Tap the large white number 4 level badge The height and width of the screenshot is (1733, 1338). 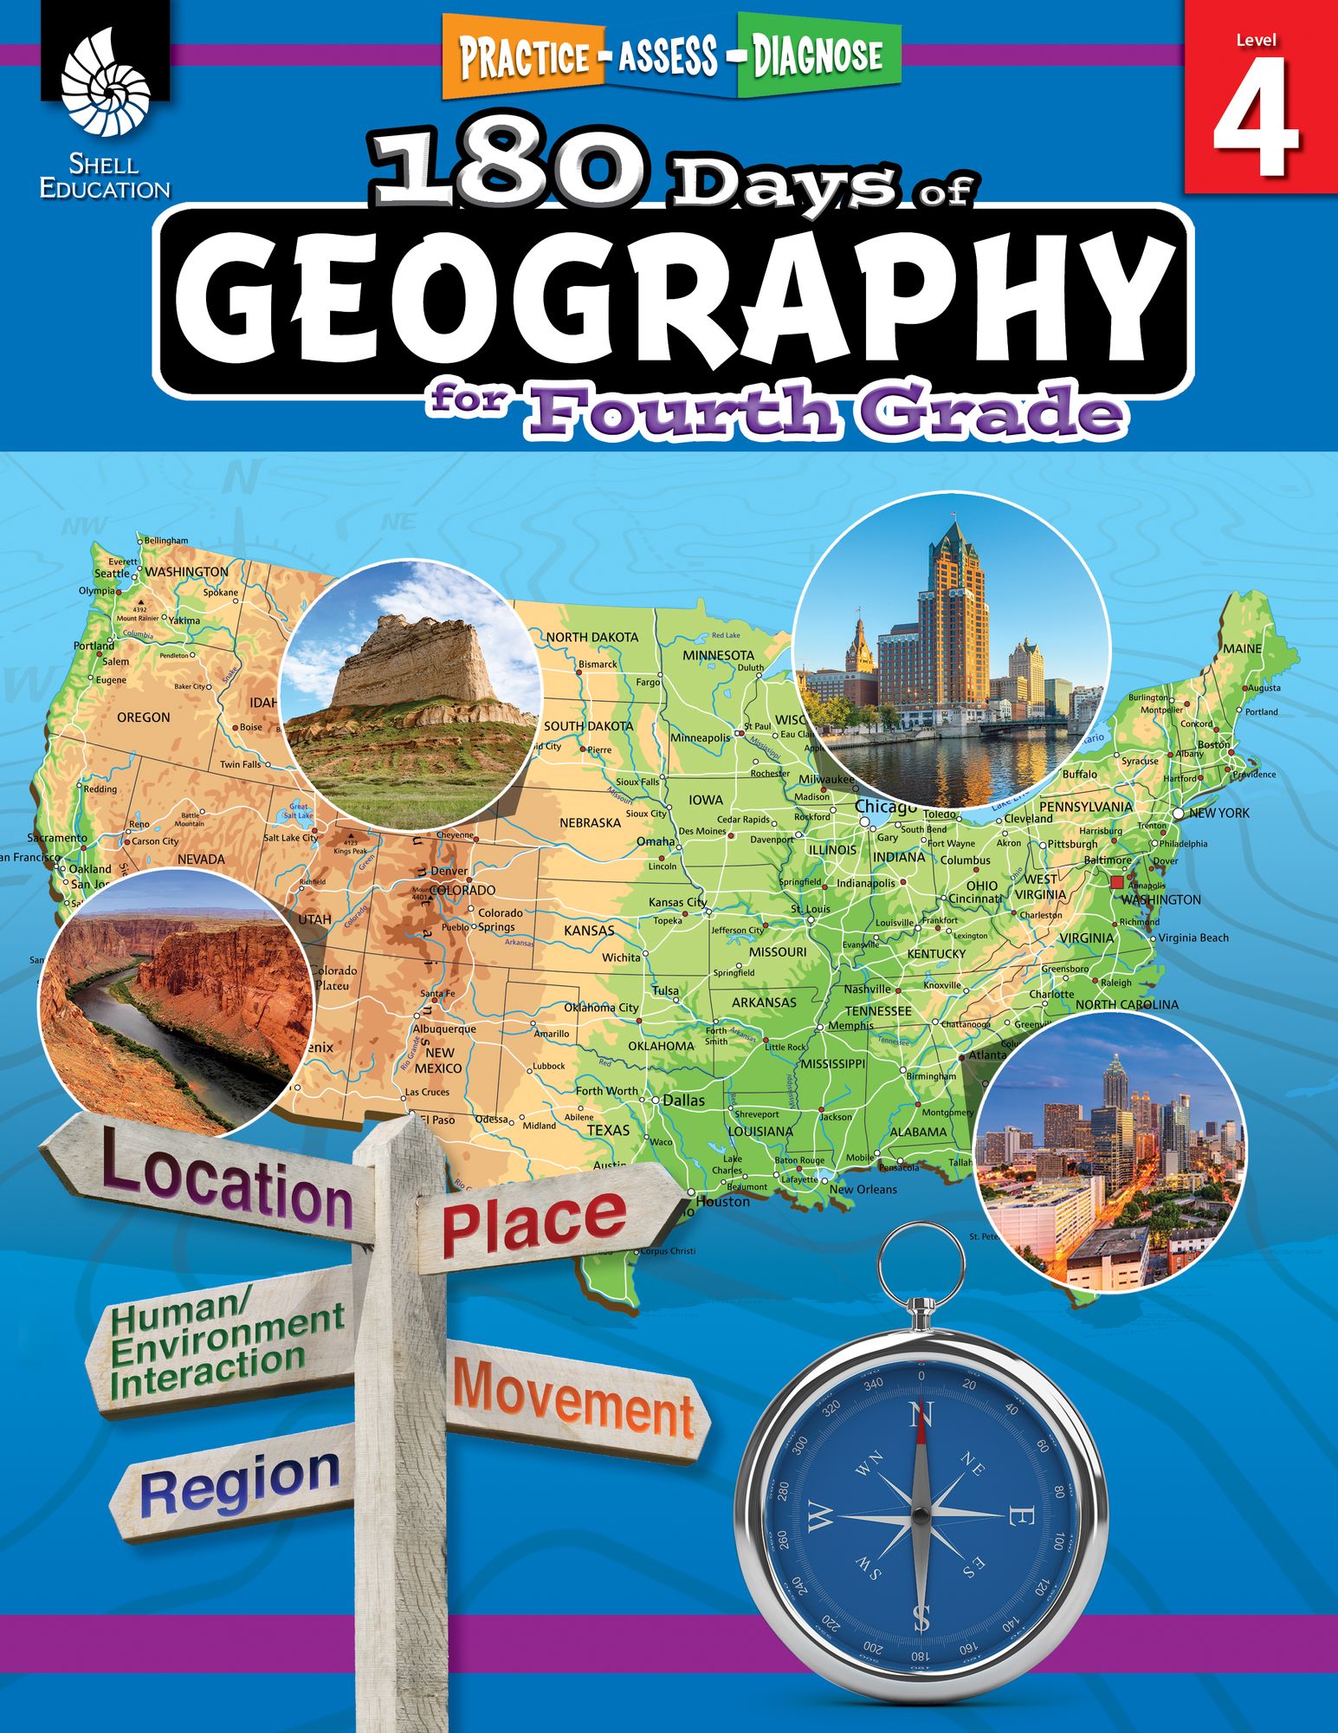(x=1256, y=120)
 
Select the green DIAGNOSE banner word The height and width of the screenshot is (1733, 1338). (x=817, y=56)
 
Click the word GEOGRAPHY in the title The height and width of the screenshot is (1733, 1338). (x=674, y=300)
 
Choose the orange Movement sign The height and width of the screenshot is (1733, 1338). (x=573, y=1399)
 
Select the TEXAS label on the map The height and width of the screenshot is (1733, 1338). (x=609, y=1130)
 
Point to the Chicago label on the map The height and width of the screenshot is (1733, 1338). (x=885, y=807)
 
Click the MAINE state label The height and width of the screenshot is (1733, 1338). (x=1242, y=648)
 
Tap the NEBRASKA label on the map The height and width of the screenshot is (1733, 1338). (x=590, y=822)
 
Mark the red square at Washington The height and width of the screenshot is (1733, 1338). (x=1116, y=882)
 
